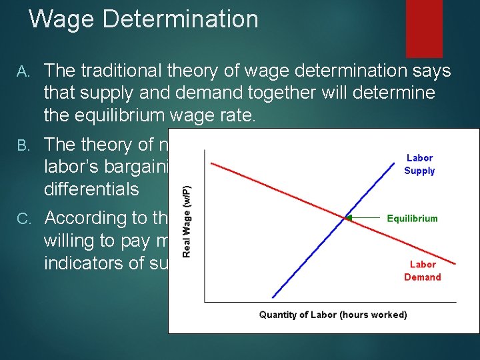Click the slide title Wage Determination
point(143,19)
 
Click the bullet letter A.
point(23,71)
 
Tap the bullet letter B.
point(23,145)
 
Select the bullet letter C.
point(23,219)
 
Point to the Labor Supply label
point(419,165)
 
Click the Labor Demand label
point(422,271)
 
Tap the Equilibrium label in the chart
point(412,218)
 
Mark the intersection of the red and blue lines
point(346,218)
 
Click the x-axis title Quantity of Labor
point(333,315)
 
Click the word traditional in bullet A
point(129,71)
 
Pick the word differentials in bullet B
point(91,189)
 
